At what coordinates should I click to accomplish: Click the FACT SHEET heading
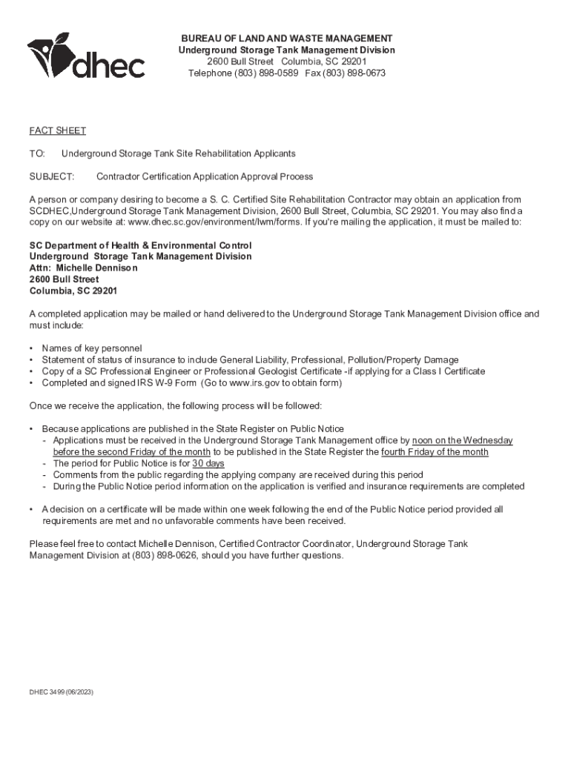[x=58, y=130]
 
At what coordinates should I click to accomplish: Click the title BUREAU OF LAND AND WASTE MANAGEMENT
[x=287, y=38]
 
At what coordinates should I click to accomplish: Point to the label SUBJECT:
[x=52, y=176]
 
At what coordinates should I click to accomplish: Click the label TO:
[x=38, y=153]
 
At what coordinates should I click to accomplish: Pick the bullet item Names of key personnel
[x=92, y=348]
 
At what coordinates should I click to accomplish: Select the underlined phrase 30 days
[x=208, y=463]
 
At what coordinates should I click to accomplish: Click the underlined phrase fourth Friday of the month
[x=435, y=452]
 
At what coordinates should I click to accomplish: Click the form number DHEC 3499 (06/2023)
[x=62, y=692]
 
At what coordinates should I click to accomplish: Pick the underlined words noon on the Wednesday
[x=462, y=440]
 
